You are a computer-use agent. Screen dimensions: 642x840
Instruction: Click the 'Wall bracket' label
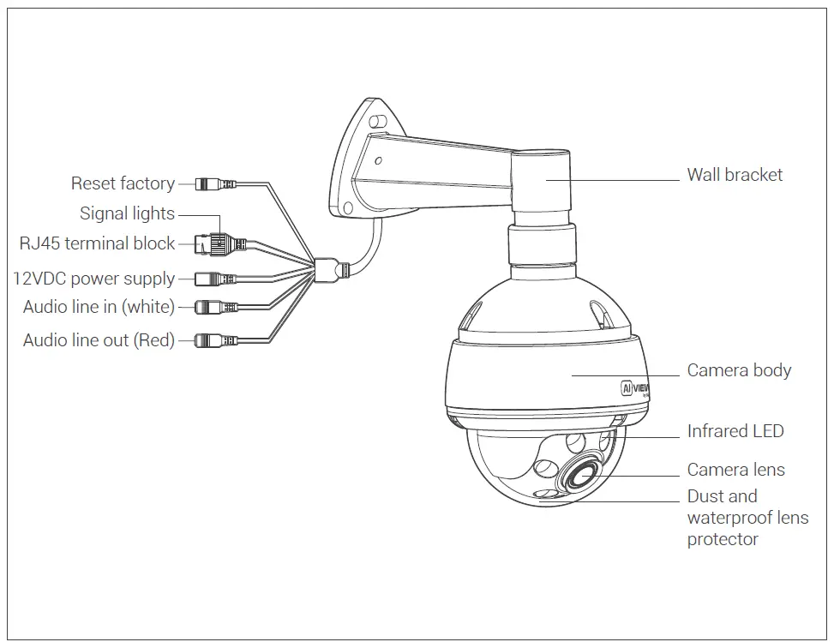click(735, 175)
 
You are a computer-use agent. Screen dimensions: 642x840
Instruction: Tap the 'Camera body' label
click(739, 370)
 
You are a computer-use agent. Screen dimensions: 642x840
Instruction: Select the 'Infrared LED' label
click(735, 431)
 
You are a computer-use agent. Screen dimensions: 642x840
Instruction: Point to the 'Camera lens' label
click(735, 469)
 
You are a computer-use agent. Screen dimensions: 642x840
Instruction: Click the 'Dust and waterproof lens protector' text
click(746, 518)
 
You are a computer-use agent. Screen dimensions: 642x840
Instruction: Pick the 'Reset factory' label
click(123, 183)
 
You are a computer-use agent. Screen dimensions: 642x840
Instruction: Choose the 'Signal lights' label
click(127, 213)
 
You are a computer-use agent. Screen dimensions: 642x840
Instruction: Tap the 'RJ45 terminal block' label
click(97, 243)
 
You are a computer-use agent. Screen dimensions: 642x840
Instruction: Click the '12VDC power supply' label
click(93, 279)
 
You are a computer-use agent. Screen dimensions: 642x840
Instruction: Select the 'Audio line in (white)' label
click(99, 307)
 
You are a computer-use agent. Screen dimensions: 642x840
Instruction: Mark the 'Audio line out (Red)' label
click(99, 340)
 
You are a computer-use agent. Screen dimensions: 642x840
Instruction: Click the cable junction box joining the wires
click(327, 267)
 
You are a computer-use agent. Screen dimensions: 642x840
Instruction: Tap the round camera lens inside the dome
click(583, 473)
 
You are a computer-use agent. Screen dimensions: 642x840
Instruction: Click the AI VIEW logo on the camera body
click(635, 388)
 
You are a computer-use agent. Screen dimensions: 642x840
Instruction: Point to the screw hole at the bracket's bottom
click(348, 208)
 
